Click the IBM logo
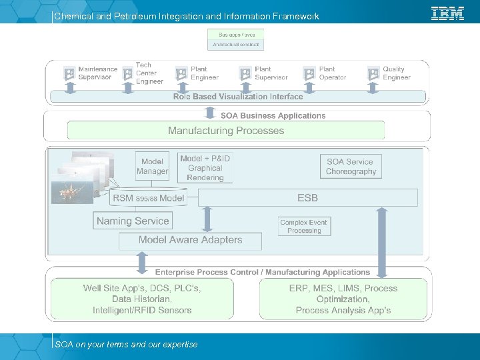point(447,13)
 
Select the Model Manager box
point(153,167)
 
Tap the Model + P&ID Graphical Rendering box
point(205,168)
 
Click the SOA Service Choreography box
point(351,167)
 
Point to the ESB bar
point(307,197)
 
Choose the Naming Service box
point(133,221)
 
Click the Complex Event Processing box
point(304,227)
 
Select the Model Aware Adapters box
point(190,240)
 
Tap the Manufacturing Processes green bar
point(226,131)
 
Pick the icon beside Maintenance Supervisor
point(69,73)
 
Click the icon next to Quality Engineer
point(373,73)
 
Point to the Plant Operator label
point(332,73)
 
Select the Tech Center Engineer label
point(149,73)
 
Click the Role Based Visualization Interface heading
point(238,97)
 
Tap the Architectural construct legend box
point(235,45)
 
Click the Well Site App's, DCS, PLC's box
point(142,299)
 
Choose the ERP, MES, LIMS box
point(343,299)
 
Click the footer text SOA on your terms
point(126,345)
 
